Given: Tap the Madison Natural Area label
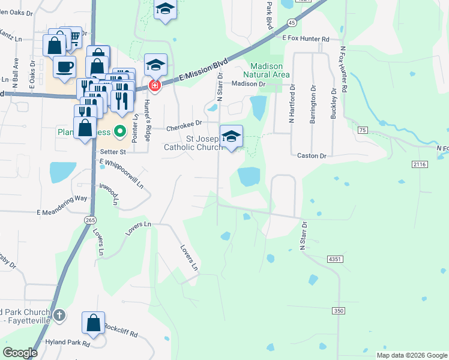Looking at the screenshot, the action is coord(270,70).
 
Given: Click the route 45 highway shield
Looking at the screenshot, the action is coord(291,22).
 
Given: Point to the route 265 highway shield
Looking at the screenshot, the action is coord(90,220).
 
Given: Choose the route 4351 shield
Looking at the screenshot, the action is coord(335,259).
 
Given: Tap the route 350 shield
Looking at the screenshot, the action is coord(339,310).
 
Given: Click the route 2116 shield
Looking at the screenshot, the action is coord(419,164).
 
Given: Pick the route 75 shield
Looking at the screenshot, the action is coord(361,130).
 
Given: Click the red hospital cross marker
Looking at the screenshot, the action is coord(154,86).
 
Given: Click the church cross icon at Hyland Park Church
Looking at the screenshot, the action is coord(59,315).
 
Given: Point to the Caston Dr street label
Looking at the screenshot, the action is coord(312,156).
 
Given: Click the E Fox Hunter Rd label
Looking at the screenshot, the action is coord(306,38).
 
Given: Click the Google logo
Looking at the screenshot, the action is coord(20,353).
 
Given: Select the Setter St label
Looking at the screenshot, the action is coord(112,152).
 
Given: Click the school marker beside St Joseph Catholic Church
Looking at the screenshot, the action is coord(231,136).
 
